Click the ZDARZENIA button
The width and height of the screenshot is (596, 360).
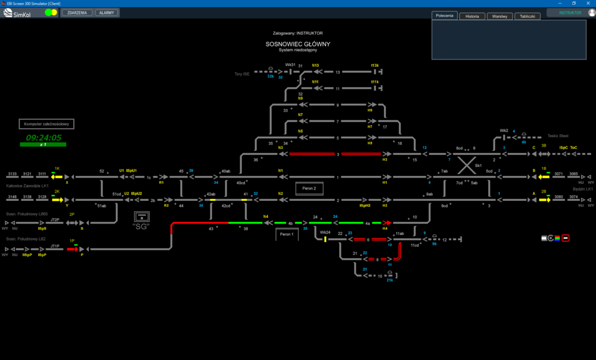[77, 13]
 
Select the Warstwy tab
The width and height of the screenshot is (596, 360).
[499, 16]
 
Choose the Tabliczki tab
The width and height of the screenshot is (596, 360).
[527, 16]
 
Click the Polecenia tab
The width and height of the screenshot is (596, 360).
[445, 15]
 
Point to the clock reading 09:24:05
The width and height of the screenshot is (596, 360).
[44, 138]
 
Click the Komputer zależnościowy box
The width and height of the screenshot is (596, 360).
[46, 124]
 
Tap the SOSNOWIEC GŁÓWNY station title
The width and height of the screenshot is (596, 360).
[298, 44]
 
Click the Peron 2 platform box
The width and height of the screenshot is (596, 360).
[309, 188]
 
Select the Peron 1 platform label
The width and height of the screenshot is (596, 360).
[287, 235]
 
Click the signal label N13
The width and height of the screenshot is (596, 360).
[315, 66]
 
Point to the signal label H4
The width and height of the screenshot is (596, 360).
[385, 228]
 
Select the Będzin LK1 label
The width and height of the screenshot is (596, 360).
[582, 189]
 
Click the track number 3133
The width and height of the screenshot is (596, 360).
[12, 174]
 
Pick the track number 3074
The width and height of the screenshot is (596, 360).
[573, 197]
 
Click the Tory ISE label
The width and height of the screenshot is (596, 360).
[242, 74]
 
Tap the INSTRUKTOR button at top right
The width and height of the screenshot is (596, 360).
[570, 13]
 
